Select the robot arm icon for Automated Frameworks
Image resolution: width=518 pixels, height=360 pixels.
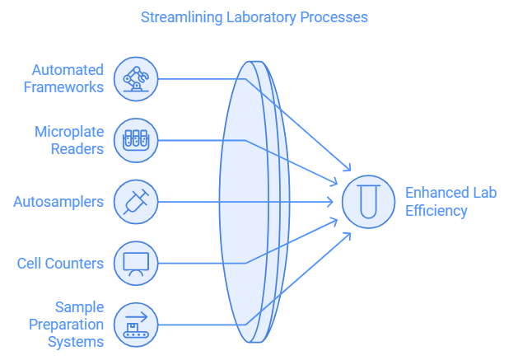[x=135, y=78]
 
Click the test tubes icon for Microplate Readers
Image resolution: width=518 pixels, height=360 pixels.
[x=135, y=140]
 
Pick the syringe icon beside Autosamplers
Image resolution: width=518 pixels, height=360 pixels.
[x=135, y=202]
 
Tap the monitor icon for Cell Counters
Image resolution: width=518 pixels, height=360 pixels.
[x=135, y=264]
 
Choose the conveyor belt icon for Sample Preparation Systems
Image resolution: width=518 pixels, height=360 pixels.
[x=135, y=325]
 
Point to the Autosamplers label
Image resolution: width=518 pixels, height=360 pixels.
[x=58, y=202]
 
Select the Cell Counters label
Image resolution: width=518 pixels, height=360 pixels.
[x=60, y=264]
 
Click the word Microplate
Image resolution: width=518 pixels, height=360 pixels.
[x=69, y=132]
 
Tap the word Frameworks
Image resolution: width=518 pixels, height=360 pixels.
[x=63, y=86]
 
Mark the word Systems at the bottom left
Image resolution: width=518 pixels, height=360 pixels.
[x=75, y=341]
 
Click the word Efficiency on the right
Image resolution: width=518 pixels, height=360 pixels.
[x=436, y=210]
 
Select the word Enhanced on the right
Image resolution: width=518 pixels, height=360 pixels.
[x=436, y=194]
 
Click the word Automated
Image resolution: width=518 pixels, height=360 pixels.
[x=68, y=70]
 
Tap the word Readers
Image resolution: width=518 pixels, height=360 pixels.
[x=77, y=148]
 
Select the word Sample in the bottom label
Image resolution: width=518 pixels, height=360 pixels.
[x=79, y=308]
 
